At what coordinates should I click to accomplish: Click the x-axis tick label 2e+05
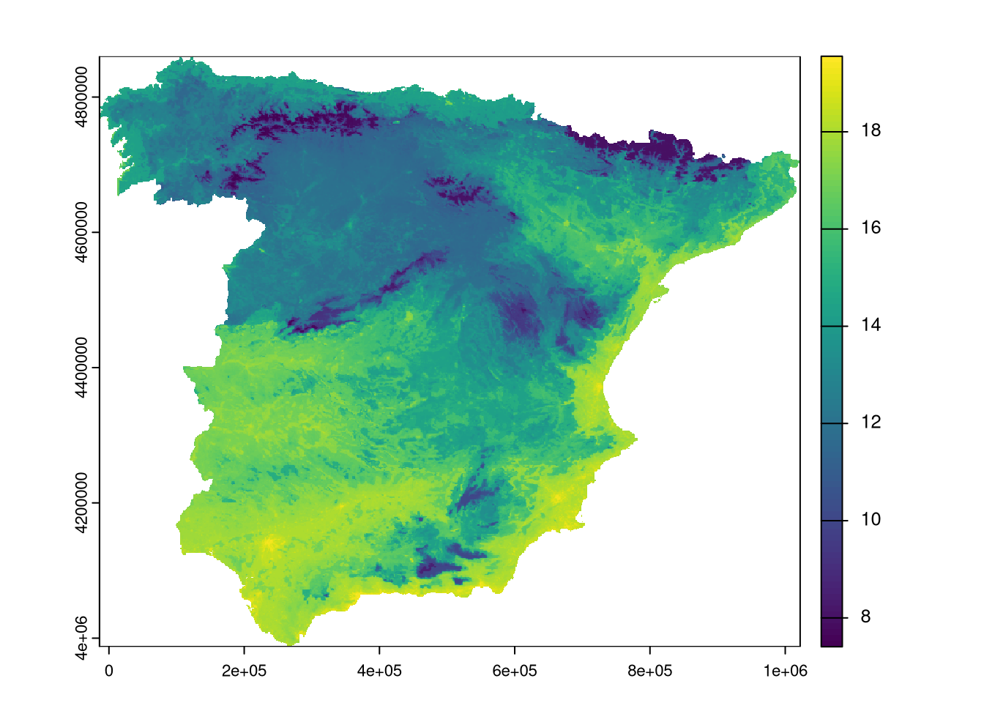coord(244,671)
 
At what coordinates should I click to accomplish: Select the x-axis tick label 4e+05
coord(379,671)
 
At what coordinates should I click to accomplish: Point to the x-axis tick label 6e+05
coord(515,671)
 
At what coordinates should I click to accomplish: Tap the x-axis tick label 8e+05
coord(650,671)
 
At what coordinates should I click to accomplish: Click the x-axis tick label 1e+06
coord(786,671)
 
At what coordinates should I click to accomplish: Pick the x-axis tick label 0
coord(109,671)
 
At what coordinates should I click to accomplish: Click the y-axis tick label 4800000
coord(81,97)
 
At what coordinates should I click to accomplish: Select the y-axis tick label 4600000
coord(81,232)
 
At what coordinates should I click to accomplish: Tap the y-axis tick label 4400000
coord(81,368)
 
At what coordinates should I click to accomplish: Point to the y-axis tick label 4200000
coord(81,503)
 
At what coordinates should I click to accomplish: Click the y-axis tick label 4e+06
coord(81,638)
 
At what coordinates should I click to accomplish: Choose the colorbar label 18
coord(871,131)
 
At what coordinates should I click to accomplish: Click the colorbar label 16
coord(871,228)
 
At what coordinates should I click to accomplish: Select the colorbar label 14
coord(871,326)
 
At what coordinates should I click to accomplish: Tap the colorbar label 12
coord(871,423)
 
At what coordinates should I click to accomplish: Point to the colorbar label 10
coord(871,520)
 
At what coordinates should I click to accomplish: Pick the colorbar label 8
coord(865,617)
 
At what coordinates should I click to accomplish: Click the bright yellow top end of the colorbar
coord(832,60)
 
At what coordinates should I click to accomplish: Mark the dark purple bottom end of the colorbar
coord(832,642)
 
